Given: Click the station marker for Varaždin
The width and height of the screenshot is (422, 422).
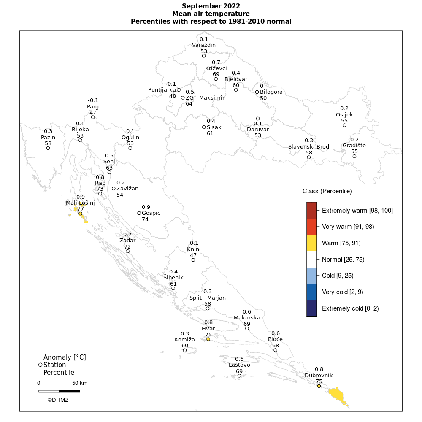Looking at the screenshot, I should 204,56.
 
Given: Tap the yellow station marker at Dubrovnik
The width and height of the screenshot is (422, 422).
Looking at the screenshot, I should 319,386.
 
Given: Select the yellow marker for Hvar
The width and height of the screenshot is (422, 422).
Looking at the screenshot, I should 208,339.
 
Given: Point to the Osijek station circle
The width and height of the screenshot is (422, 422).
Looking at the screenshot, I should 344,125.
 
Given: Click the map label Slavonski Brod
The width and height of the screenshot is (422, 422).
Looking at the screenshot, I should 308,147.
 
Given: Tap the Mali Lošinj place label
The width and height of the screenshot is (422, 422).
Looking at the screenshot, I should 80,203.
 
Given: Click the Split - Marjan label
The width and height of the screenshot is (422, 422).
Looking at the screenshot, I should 208,298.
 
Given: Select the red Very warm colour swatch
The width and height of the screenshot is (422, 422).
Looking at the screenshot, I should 311,227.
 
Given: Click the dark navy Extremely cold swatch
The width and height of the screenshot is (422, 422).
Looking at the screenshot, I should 311,308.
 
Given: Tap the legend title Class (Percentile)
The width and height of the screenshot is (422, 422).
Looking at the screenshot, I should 327,191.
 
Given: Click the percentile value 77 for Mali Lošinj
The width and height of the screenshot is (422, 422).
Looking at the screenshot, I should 80,209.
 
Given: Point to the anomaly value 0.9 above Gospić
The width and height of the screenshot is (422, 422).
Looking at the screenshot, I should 146,207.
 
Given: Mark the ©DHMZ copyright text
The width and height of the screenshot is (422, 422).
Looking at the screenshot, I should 58,400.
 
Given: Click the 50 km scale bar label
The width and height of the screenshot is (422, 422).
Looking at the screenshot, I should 79,383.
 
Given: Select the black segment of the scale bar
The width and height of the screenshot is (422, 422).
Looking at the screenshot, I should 69,391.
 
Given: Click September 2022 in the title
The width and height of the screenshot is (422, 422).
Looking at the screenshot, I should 211,6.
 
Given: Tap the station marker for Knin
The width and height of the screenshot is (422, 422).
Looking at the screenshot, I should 193,260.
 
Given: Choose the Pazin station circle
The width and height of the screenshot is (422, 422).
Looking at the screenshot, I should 48,148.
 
